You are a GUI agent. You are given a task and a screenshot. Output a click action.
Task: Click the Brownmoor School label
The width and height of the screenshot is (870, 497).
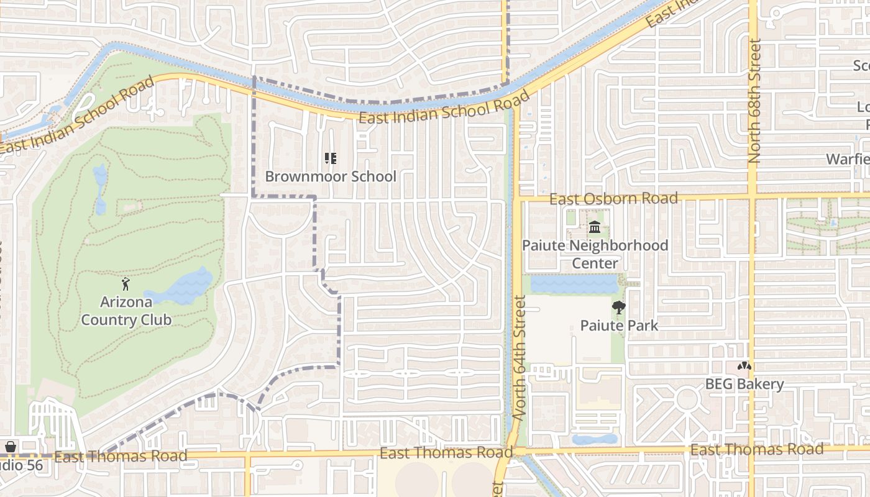pyautogui.click(x=331, y=176)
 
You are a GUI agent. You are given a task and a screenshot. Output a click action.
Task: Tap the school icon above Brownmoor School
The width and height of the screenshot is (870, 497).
pyautogui.click(x=331, y=158)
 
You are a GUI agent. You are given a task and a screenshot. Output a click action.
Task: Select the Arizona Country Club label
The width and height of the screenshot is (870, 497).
pyautogui.click(x=126, y=311)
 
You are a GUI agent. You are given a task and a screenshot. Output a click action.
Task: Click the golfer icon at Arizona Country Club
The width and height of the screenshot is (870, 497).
pyautogui.click(x=126, y=284)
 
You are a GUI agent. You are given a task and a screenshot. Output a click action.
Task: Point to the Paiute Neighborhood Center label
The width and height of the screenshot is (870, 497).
pyautogui.click(x=595, y=254)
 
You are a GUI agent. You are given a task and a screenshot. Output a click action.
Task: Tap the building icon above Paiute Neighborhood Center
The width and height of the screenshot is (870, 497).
pyautogui.click(x=595, y=227)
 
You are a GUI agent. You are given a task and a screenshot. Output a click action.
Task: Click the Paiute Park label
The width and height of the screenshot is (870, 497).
pyautogui.click(x=619, y=325)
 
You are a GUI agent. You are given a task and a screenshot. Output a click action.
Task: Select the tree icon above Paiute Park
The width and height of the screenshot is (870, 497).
pyautogui.click(x=619, y=307)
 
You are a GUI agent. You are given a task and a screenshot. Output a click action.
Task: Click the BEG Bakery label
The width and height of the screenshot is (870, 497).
pyautogui.click(x=744, y=384)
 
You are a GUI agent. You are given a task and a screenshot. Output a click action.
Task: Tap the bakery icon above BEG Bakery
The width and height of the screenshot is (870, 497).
pyautogui.click(x=744, y=366)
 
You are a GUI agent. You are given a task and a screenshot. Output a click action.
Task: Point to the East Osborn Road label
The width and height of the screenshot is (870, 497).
pyautogui.click(x=613, y=199)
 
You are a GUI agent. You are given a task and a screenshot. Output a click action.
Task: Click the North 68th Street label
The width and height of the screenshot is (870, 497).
pyautogui.click(x=755, y=101)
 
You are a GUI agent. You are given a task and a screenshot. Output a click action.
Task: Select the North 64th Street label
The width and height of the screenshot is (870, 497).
pyautogui.click(x=520, y=357)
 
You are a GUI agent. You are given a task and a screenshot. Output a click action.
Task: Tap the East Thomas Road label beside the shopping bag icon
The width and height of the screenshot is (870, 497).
pyautogui.click(x=121, y=457)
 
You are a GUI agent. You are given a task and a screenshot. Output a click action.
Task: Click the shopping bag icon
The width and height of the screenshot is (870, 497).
pyautogui.click(x=11, y=447)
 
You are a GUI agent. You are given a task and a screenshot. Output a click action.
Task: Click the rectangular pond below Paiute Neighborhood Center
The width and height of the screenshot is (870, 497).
pyautogui.click(x=574, y=285)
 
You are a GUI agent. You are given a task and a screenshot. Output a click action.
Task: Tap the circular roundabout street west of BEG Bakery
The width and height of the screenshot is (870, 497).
pyautogui.click(x=687, y=398)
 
